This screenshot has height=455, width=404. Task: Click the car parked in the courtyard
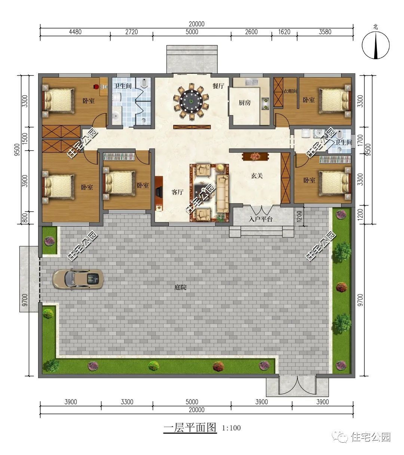[78, 279]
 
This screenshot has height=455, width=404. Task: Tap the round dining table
[192, 101]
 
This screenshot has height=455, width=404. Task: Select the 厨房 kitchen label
[245, 103]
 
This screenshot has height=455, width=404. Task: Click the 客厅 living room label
[177, 192]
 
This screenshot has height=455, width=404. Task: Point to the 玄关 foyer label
[257, 175]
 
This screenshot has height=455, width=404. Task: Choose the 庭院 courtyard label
[180, 287]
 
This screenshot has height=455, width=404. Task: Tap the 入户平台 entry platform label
[260, 219]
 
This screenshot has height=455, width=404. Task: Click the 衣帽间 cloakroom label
[290, 91]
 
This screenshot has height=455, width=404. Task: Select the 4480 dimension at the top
[75, 32]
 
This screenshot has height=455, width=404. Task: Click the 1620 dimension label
[284, 32]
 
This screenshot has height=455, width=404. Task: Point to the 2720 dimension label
[132, 32]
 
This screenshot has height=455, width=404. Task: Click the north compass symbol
[376, 45]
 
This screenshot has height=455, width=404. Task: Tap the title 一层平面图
[190, 427]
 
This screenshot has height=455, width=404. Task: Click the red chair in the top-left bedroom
[96, 86]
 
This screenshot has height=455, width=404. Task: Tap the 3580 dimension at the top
[325, 32]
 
